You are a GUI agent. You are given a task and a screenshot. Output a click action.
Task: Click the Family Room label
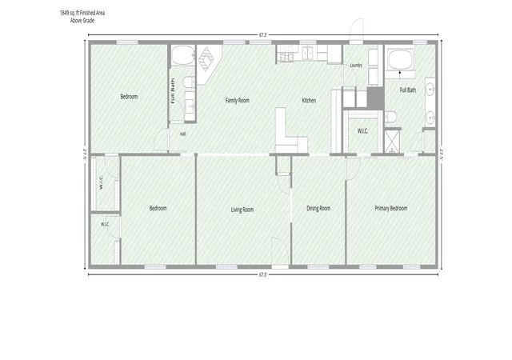[x=238, y=100]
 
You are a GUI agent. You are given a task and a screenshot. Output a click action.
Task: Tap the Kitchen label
[x=309, y=100]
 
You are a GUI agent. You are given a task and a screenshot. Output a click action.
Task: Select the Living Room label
[x=242, y=210]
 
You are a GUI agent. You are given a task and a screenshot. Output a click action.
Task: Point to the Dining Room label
[x=318, y=208]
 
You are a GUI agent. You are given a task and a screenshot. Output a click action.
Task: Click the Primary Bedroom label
[x=391, y=208]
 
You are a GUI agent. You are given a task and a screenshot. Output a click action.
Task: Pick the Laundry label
[x=356, y=66]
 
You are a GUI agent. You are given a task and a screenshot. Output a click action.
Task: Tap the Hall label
[x=183, y=134]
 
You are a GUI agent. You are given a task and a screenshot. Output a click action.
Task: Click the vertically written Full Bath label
[x=173, y=91]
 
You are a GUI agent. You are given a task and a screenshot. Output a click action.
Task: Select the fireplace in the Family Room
[x=206, y=59]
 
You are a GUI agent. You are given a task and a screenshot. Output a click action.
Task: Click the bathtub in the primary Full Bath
[x=400, y=60]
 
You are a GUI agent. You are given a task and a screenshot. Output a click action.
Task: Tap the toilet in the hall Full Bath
[x=189, y=82]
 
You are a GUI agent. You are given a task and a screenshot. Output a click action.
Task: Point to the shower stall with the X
[x=392, y=141]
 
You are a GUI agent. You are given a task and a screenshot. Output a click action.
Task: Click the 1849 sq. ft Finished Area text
[x=82, y=13]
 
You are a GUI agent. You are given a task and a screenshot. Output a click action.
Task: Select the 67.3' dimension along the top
[x=263, y=35]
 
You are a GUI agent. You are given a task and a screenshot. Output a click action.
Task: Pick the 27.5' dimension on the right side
[x=442, y=154]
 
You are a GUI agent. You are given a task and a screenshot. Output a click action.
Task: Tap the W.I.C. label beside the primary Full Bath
[x=362, y=131]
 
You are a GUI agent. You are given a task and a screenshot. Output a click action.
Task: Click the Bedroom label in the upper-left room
[x=129, y=97]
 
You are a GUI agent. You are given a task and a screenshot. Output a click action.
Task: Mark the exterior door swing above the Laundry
[x=357, y=30]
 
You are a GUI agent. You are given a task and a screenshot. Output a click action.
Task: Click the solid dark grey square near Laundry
[x=375, y=98]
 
